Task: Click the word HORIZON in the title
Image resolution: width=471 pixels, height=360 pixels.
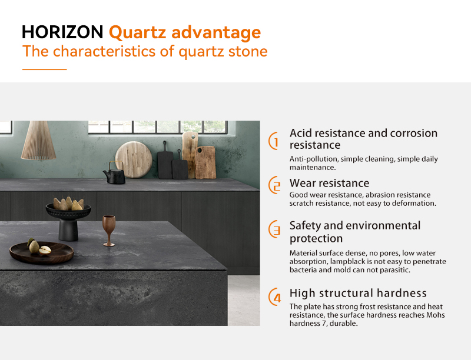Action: [x=62, y=32]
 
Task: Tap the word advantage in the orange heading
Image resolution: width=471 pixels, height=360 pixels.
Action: [x=216, y=33]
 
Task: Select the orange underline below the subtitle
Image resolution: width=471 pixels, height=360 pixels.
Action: [x=45, y=69]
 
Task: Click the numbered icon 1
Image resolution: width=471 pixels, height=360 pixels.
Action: [x=274, y=141]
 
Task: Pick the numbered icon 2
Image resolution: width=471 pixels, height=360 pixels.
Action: [x=274, y=185]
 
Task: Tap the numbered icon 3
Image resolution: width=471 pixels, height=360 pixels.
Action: [x=274, y=229]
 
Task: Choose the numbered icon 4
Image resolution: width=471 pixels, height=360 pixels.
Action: [x=274, y=296]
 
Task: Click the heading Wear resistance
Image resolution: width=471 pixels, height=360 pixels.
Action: [x=329, y=183]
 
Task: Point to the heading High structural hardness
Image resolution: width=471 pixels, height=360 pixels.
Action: [x=358, y=293]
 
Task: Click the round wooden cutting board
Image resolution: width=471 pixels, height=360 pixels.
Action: [x=134, y=159]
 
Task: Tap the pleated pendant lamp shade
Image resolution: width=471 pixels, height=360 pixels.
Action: [x=38, y=141]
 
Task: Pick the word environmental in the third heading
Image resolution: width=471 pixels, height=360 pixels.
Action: [x=381, y=226]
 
